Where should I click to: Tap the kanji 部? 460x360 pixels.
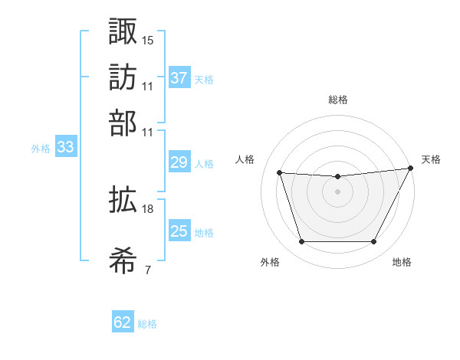tap(123, 123)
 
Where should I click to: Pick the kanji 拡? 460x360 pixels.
tap(123, 200)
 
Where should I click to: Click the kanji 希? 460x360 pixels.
tap(123, 260)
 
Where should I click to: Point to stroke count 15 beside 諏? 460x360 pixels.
tap(148, 39)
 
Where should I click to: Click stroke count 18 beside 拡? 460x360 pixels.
tap(148, 208)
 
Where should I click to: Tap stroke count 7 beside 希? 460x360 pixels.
tap(147, 270)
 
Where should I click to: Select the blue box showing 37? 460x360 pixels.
tap(179, 77)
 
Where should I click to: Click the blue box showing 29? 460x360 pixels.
tap(179, 162)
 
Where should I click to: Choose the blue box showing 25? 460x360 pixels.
tap(179, 231)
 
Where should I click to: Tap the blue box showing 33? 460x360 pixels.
tap(65, 148)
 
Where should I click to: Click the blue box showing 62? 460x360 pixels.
tap(123, 322)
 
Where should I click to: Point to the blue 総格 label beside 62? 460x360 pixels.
tap(147, 324)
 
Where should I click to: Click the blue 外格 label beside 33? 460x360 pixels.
tap(41, 149)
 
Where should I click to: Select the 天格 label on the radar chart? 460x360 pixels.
tap(431, 159)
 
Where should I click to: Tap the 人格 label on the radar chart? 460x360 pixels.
tap(245, 159)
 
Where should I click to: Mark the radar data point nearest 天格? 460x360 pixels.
tap(411, 169)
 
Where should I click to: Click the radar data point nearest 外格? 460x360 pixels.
tap(301, 242)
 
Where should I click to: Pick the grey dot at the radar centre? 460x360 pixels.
tap(337, 191)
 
